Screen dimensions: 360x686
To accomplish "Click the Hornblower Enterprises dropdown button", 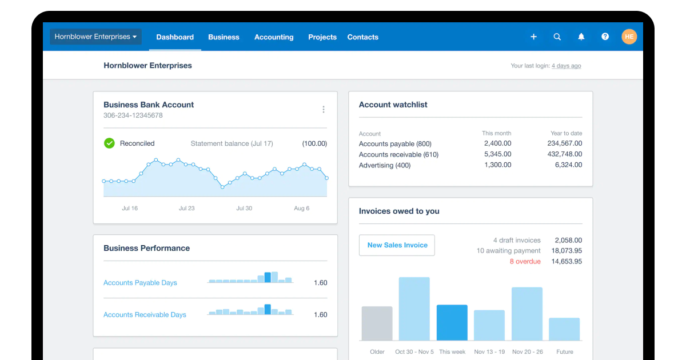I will pyautogui.click(x=95, y=37).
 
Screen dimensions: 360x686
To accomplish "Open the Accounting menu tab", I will pyautogui.click(x=274, y=37).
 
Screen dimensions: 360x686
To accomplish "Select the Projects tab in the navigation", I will pyautogui.click(x=322, y=37).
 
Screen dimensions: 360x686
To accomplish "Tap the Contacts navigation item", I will pyautogui.click(x=363, y=37).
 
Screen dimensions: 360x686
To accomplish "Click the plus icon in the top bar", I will pyautogui.click(x=533, y=37).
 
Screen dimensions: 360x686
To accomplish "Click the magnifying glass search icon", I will pyautogui.click(x=557, y=37).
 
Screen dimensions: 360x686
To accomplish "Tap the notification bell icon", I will pyautogui.click(x=581, y=37).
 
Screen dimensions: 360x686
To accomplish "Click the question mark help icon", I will pyautogui.click(x=605, y=37).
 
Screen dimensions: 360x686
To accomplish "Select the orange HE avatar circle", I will pyautogui.click(x=629, y=37).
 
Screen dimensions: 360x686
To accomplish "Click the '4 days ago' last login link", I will pyautogui.click(x=566, y=66).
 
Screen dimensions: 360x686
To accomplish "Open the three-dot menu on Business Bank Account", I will pyautogui.click(x=324, y=109).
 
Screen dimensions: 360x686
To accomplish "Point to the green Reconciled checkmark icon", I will pyautogui.click(x=109, y=143).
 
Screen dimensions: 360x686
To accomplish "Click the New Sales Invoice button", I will pyautogui.click(x=397, y=245).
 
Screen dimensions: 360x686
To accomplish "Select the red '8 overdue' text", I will pyautogui.click(x=525, y=261).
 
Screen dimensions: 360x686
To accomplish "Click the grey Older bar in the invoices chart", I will pyautogui.click(x=377, y=323).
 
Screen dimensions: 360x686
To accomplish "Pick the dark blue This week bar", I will pyautogui.click(x=452, y=322).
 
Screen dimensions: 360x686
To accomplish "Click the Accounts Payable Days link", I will pyautogui.click(x=140, y=283).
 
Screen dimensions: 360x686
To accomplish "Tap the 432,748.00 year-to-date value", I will pyautogui.click(x=564, y=154).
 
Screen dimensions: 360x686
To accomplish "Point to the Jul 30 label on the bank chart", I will pyautogui.click(x=244, y=209).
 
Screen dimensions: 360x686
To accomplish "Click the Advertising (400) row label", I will pyautogui.click(x=385, y=165).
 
